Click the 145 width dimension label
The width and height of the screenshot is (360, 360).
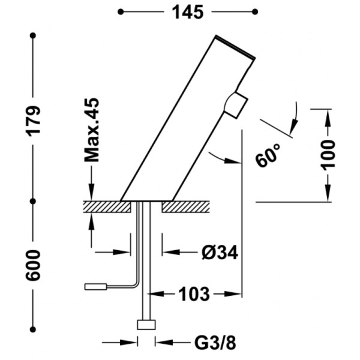[x=188, y=12]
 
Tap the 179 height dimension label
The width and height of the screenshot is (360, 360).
[x=34, y=121]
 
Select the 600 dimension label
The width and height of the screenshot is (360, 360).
[x=33, y=266]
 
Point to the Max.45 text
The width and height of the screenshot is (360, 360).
[x=92, y=130]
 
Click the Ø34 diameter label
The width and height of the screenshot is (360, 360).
[x=220, y=253]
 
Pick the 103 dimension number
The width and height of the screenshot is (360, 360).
[x=194, y=294]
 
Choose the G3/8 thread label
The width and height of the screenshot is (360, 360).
[x=215, y=343]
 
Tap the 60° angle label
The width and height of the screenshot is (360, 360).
[x=268, y=155]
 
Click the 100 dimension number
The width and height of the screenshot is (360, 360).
[x=328, y=155]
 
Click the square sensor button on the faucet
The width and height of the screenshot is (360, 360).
[x=236, y=105]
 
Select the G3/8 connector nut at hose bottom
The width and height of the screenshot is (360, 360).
[x=146, y=325]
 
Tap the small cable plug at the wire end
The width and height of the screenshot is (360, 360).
[x=95, y=287]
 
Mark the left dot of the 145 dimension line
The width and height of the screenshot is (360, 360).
[x=121, y=12]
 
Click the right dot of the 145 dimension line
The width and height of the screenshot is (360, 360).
[x=255, y=12]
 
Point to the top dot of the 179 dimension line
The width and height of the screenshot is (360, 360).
[x=33, y=35]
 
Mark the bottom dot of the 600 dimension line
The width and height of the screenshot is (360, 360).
[x=33, y=329]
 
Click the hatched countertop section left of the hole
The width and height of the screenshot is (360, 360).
[x=107, y=206]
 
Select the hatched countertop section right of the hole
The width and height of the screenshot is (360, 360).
[x=185, y=206]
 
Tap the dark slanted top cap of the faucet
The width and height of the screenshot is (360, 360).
[x=235, y=47]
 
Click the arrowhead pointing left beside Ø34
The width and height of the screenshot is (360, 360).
[x=170, y=253]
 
